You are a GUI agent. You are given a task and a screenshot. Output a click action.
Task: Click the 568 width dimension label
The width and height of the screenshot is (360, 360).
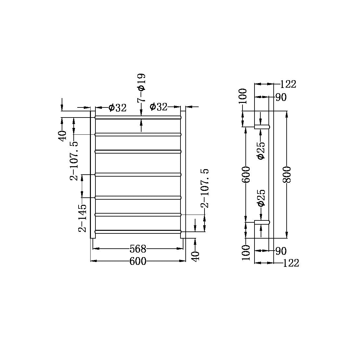click(138, 249)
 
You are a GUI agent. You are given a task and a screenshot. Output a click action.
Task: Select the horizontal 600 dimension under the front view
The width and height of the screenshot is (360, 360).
click(138, 261)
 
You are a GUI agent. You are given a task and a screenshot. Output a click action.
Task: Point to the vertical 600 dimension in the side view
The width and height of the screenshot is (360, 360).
click(246, 174)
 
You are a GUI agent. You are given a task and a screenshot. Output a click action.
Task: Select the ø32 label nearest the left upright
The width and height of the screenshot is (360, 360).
click(118, 108)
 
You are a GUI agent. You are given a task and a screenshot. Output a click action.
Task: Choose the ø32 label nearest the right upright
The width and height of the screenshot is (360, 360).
click(158, 107)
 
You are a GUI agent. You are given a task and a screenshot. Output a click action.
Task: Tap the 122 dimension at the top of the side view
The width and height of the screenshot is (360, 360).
click(288, 84)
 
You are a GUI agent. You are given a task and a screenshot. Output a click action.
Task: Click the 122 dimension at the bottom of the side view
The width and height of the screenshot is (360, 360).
click(290, 263)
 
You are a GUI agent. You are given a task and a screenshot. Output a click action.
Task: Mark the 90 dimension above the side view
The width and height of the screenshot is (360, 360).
click(281, 97)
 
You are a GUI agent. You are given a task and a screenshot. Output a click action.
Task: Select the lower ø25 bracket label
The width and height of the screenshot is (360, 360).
click(261, 198)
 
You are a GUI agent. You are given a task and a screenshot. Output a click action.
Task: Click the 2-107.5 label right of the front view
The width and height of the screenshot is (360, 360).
click(205, 188)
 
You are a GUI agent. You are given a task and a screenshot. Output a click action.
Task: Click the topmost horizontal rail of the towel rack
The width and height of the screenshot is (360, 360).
click(138, 117)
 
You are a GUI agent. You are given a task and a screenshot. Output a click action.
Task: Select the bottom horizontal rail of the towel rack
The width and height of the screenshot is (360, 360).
click(138, 231)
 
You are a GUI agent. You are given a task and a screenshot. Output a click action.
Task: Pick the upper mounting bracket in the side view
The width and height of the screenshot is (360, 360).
click(262, 127)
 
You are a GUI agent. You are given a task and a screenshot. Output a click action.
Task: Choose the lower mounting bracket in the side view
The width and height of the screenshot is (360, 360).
click(262, 222)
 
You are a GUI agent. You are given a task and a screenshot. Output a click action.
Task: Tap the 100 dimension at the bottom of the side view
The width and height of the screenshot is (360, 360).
click(246, 252)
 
